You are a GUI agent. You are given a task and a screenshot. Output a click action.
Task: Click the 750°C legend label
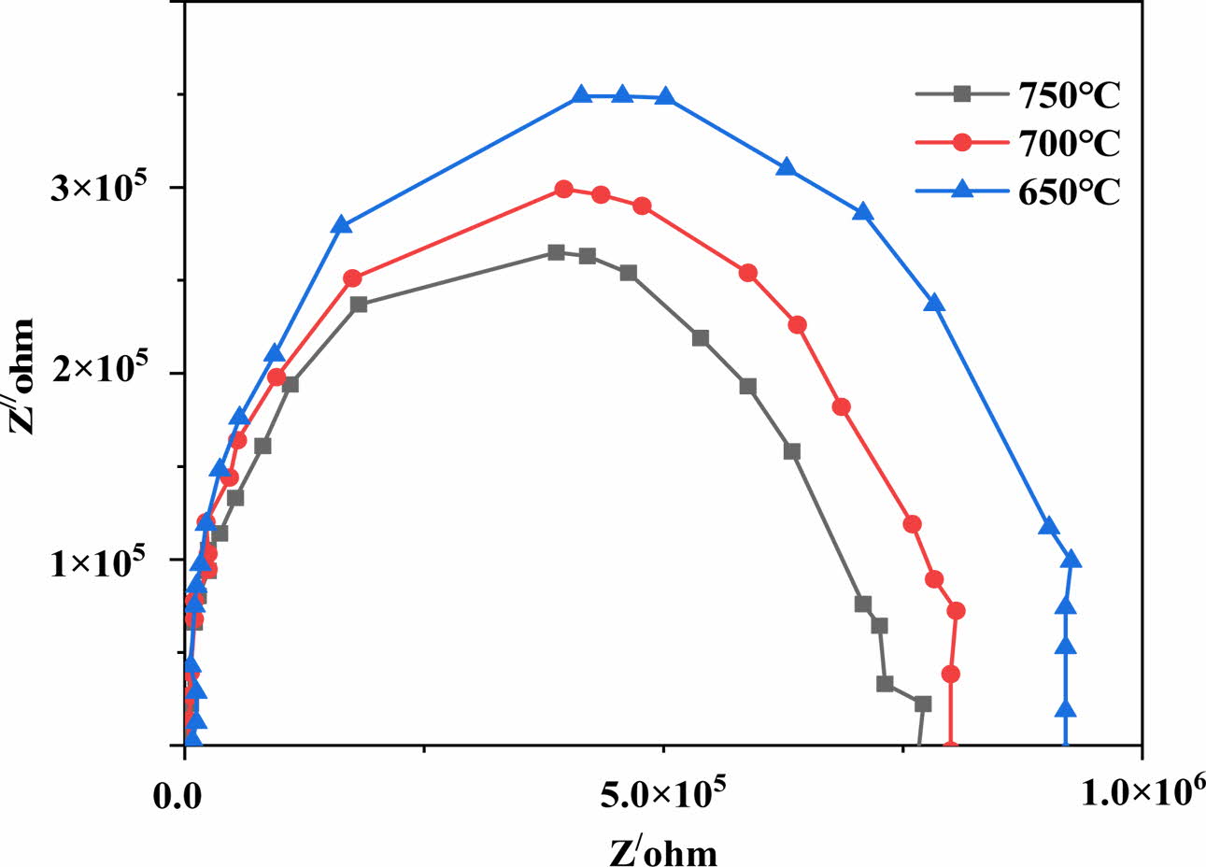coord(1066,96)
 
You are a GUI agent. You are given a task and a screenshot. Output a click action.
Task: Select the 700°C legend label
coord(1066,144)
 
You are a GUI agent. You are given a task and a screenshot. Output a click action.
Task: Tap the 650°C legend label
coord(1066,192)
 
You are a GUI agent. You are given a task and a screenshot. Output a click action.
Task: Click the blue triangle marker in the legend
coord(961,189)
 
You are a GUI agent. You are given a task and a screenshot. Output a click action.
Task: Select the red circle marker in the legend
coord(961,143)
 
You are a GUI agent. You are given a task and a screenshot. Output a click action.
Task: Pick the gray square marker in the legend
coord(961,93)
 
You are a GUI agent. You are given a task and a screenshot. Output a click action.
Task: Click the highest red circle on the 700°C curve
coord(563,189)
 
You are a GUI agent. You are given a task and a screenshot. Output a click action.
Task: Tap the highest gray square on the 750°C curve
coord(556,252)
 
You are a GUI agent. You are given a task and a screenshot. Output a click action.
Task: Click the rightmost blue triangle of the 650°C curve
coord(1071,560)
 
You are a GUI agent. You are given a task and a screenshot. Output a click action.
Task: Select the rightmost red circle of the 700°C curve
coord(956,611)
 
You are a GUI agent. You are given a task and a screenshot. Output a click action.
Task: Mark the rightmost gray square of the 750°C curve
coord(923,704)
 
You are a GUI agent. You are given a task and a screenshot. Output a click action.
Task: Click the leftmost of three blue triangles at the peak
coord(581,94)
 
